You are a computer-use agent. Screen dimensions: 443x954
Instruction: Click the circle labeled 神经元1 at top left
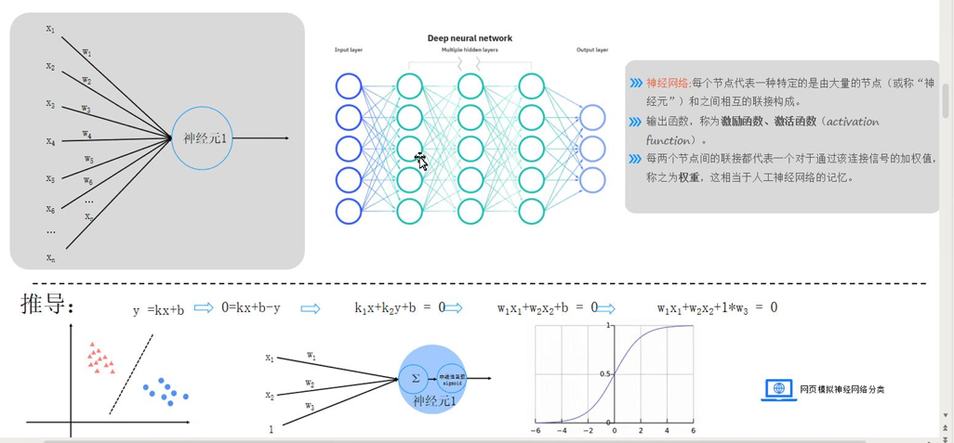click(x=202, y=138)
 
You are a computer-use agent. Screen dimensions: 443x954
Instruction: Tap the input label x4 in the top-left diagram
click(x=50, y=141)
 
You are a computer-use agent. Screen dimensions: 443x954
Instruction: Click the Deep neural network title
click(x=470, y=38)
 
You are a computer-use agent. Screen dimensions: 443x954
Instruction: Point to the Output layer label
click(x=592, y=50)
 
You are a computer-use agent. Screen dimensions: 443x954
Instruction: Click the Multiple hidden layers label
click(x=470, y=50)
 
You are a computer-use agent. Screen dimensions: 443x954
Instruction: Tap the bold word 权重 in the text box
click(x=689, y=177)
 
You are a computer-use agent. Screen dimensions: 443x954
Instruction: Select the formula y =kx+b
click(x=158, y=309)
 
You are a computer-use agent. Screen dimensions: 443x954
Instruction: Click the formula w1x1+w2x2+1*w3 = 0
click(x=717, y=308)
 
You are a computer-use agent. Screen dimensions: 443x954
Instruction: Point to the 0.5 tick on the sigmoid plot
click(x=604, y=374)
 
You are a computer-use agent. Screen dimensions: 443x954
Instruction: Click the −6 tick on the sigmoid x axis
click(x=536, y=431)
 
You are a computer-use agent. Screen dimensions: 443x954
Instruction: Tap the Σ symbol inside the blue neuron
click(x=415, y=378)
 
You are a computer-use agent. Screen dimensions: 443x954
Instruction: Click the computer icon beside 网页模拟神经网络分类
click(x=778, y=389)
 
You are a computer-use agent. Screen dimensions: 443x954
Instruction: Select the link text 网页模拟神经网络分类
click(x=842, y=389)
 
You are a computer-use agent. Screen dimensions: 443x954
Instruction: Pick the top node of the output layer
click(x=592, y=117)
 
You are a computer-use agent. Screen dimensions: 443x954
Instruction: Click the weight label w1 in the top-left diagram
click(x=86, y=53)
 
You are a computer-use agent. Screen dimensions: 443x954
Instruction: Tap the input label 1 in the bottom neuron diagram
click(x=271, y=429)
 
